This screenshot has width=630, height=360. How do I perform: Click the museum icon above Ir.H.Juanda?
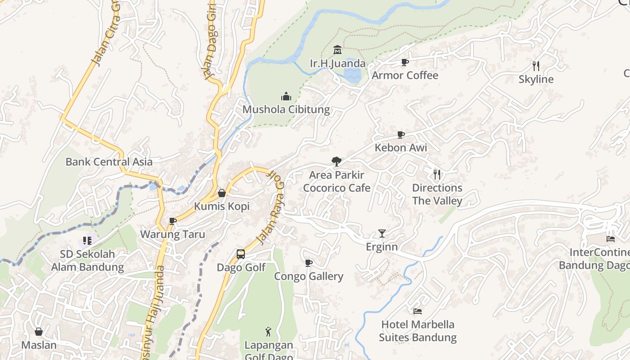337,49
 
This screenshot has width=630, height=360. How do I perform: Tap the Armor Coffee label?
405,75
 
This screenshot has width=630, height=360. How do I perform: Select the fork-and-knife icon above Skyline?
535,66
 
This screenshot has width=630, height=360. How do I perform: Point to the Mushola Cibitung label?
286,109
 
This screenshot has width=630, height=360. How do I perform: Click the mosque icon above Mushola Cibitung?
286,96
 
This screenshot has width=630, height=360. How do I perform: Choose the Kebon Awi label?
401,148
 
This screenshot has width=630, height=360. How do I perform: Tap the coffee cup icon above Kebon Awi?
401,135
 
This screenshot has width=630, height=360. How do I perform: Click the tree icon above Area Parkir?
336,162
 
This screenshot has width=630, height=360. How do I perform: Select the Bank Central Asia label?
109,162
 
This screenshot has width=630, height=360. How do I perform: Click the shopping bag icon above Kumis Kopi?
221,193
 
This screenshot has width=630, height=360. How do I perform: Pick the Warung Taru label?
172,234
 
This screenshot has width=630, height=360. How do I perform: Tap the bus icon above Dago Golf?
241,254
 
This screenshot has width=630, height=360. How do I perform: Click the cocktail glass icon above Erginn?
382,233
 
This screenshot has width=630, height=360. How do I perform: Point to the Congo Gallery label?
309,276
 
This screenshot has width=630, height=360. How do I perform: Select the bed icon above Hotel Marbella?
418,311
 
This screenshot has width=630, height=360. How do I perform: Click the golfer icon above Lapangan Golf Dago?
268,332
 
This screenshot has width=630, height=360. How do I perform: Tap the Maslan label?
39,345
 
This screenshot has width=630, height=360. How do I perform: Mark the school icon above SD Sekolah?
87,241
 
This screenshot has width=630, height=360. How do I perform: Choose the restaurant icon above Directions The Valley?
437,174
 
